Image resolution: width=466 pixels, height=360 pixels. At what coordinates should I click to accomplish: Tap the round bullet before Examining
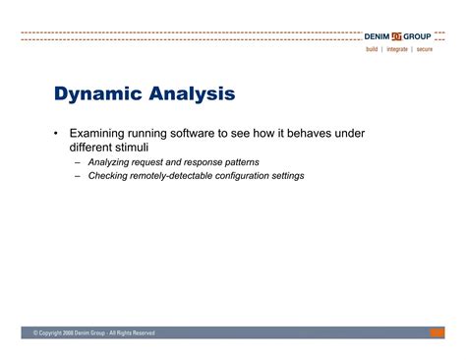[x=56, y=131]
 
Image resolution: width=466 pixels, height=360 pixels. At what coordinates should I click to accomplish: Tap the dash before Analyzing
[x=78, y=161]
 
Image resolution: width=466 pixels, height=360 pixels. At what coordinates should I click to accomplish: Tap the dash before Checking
[x=78, y=176]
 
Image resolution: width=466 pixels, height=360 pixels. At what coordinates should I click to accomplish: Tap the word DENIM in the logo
[x=379, y=36]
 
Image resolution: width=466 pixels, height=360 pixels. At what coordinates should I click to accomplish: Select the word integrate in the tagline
[x=397, y=49]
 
